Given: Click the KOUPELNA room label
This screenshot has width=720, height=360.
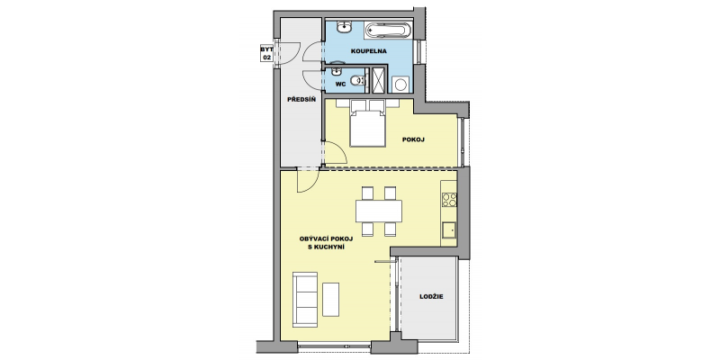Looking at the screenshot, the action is [x=369, y=51].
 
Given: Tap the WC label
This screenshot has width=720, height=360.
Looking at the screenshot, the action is [x=340, y=84].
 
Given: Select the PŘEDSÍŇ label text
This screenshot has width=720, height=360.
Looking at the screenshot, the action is [x=301, y=99].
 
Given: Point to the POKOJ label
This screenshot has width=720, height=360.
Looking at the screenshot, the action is [x=413, y=139].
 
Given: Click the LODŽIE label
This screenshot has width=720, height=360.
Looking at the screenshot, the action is [x=431, y=297].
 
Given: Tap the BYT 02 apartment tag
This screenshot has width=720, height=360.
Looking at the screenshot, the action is [x=266, y=53].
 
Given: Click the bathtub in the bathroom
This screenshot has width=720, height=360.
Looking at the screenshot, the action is [x=386, y=31].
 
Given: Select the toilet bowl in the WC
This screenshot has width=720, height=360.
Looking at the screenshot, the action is [x=357, y=81].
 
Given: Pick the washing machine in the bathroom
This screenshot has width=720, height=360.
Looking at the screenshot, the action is [x=400, y=85].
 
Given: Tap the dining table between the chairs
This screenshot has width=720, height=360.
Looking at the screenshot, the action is [x=378, y=211].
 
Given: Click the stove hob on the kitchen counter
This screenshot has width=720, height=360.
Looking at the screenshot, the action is [x=449, y=200].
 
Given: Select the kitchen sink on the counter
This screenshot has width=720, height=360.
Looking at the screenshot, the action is [x=448, y=230].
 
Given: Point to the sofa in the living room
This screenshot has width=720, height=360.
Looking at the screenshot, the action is [x=305, y=300].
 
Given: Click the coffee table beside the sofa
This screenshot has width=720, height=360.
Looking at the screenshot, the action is [x=330, y=300].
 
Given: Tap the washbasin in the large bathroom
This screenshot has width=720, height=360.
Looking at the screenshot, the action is [x=344, y=29].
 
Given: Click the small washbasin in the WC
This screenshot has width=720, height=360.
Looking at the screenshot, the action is [x=337, y=71].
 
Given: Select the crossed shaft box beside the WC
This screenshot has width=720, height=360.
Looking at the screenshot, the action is [x=379, y=80].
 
